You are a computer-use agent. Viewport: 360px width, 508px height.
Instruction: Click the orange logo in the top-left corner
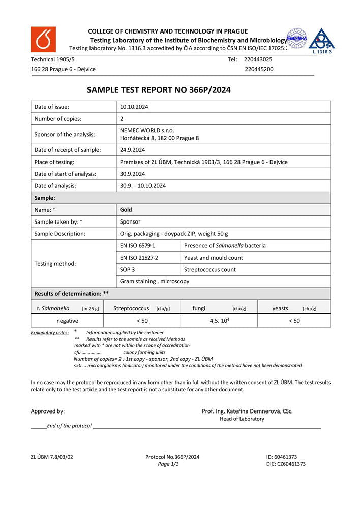(x=43, y=40)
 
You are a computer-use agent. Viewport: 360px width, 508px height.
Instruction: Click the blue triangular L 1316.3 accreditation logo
(x=321, y=41)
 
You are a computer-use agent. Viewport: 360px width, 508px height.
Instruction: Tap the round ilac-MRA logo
(x=296, y=38)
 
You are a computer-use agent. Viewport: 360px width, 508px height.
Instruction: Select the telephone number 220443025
(x=258, y=59)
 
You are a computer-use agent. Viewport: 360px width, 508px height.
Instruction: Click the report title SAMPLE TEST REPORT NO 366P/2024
(x=159, y=90)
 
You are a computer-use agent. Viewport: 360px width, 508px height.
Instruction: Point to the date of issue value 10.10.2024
(x=134, y=107)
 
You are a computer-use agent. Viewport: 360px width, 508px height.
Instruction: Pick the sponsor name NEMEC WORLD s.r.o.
(x=147, y=130)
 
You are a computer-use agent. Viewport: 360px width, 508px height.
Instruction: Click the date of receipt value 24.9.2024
(x=133, y=150)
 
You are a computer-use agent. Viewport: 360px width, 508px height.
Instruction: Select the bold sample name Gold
(x=126, y=209)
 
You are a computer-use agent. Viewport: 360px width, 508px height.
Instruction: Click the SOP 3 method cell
(x=127, y=269)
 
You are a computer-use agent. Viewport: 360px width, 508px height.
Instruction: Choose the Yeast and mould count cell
(x=214, y=258)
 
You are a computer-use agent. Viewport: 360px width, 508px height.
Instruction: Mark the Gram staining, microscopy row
(x=155, y=281)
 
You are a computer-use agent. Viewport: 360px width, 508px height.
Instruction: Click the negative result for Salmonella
(x=67, y=321)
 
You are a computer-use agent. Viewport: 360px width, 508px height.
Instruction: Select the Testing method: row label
(x=55, y=264)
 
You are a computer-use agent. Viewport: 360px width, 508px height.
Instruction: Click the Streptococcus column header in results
(x=131, y=308)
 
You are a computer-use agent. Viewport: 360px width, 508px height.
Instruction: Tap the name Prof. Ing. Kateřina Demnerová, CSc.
(x=247, y=411)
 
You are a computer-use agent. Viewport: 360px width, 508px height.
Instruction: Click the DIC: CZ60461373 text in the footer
(x=286, y=464)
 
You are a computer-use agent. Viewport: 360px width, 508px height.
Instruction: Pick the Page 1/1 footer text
(x=168, y=464)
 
